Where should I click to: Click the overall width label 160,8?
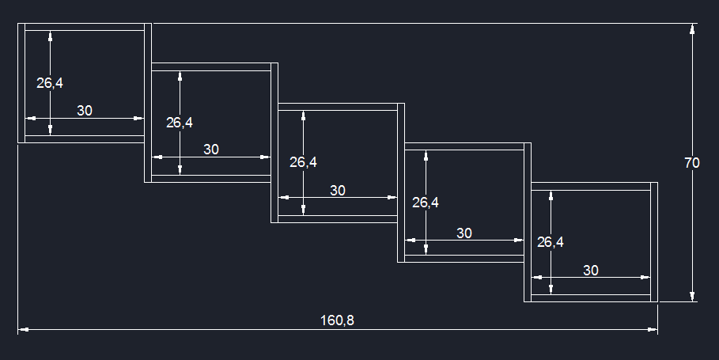(337, 320)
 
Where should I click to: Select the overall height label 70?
(691, 163)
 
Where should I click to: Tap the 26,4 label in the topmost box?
(49, 83)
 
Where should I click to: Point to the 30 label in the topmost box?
(85, 111)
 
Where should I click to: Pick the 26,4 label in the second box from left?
(179, 123)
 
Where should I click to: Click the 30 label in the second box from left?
(211, 149)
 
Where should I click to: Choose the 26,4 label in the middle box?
(303, 162)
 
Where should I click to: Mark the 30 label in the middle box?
(338, 190)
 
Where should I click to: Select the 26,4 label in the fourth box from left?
(426, 203)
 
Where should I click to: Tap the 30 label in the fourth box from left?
(464, 233)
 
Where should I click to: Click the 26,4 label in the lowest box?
(550, 242)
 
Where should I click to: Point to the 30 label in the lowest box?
(591, 270)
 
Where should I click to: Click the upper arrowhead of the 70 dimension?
(693, 30)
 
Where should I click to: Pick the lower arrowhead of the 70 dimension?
(693, 296)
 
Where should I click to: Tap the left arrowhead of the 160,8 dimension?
(23, 329)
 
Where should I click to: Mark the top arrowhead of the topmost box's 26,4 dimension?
(51, 36)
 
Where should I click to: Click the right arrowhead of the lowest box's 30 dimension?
(645, 277)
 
